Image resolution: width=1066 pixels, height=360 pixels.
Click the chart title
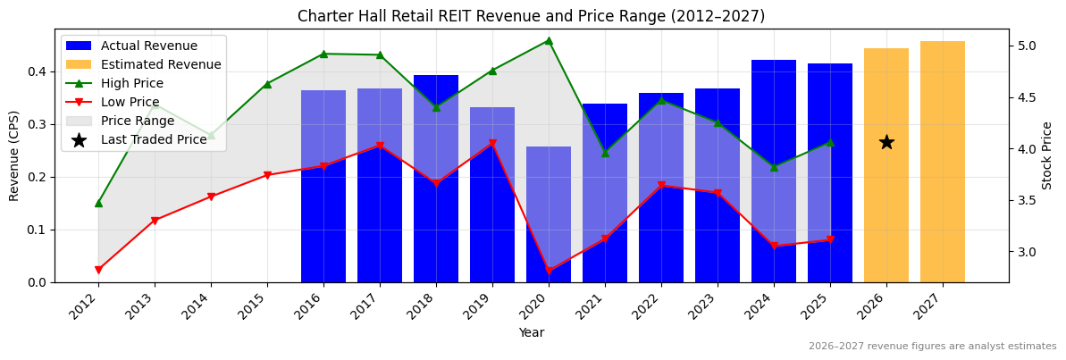click(531, 16)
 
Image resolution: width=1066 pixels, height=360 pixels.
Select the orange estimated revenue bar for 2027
click(943, 162)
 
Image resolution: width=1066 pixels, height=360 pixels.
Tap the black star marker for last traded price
click(886, 142)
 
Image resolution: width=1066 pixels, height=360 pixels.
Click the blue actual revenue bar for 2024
click(774, 171)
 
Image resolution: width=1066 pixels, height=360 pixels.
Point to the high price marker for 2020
click(549, 40)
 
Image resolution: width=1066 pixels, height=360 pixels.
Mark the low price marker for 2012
click(98, 270)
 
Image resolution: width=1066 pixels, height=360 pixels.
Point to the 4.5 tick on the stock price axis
click(1028, 97)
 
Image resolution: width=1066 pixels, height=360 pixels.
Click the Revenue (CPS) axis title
click(14, 155)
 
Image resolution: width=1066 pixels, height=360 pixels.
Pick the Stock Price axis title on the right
click(1047, 155)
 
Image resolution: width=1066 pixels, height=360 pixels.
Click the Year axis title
click(531, 333)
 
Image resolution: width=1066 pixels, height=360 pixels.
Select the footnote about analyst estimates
click(932, 347)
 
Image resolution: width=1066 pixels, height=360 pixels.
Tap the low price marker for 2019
click(492, 143)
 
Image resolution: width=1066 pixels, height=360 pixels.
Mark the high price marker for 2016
click(323, 54)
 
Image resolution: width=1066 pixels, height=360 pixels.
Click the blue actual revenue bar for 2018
click(436, 179)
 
